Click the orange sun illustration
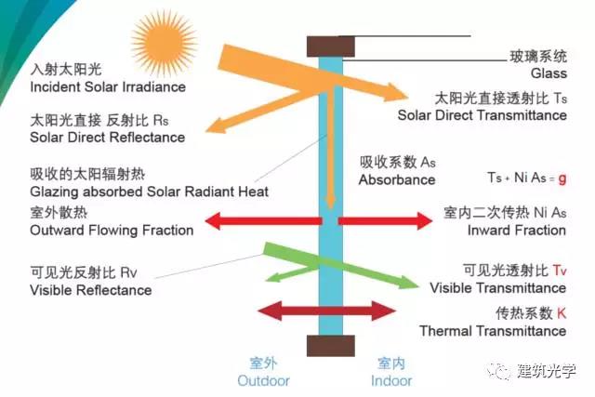point(164,42)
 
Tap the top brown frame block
point(331,46)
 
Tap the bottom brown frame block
point(331,346)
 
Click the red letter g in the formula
point(562,179)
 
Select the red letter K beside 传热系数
point(562,313)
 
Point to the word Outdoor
point(263,380)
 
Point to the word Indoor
point(391,380)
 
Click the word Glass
point(549,73)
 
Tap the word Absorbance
point(397,179)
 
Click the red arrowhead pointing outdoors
point(213,221)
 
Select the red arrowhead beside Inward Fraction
point(424,221)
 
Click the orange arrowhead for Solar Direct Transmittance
point(395,92)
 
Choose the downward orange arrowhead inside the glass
point(331,202)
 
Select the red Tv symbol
point(560,271)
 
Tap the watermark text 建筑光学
point(547,371)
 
